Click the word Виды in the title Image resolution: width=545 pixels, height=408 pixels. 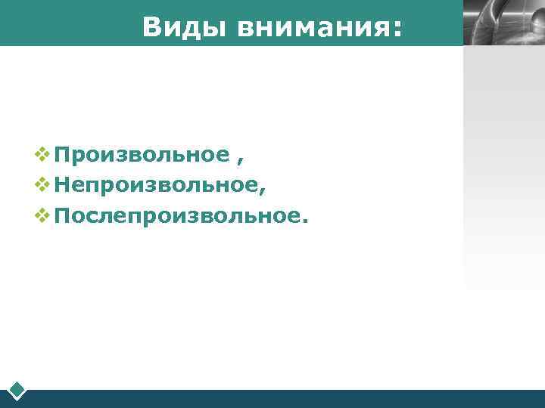[x=184, y=27]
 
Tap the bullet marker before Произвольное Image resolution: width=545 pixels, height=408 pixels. [x=42, y=155]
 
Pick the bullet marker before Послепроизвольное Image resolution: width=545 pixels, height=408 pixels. [x=42, y=217]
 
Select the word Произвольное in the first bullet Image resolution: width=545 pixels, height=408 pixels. [x=142, y=155]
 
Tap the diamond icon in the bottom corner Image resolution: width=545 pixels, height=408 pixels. [x=17, y=391]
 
